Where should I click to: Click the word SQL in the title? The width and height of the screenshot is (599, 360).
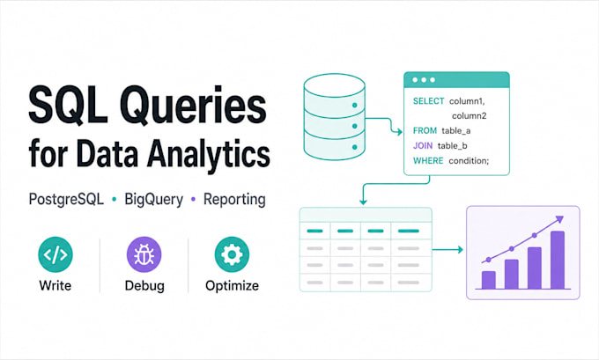[x=68, y=105]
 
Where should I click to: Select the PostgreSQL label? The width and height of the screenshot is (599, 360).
[x=66, y=199]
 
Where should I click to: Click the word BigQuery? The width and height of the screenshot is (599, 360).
[x=153, y=200]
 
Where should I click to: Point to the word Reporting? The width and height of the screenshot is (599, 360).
[x=234, y=200]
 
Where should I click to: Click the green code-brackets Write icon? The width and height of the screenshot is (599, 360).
[x=55, y=254]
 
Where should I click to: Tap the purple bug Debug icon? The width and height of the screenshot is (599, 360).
[x=144, y=254]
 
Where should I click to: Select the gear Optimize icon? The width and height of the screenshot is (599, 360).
[x=232, y=254]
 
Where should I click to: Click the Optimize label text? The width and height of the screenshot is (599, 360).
[x=232, y=285]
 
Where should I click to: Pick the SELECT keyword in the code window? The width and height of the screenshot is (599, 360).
[x=428, y=101]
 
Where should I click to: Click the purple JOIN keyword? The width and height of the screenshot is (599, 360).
[x=423, y=146]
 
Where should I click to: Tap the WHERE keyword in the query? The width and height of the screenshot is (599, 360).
[x=428, y=161]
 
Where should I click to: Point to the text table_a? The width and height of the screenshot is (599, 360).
[x=455, y=131]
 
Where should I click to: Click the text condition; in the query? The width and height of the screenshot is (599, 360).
[x=469, y=161]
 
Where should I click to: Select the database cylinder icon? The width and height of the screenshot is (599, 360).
[x=334, y=117]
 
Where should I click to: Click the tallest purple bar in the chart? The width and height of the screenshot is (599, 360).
[x=558, y=260]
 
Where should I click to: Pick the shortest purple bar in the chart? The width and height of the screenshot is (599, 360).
[x=489, y=280]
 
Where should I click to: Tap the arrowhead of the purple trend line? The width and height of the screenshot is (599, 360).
[x=559, y=219]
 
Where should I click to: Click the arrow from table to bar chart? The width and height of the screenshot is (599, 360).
[x=447, y=250]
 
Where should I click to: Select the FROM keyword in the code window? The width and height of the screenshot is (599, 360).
[x=425, y=131]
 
